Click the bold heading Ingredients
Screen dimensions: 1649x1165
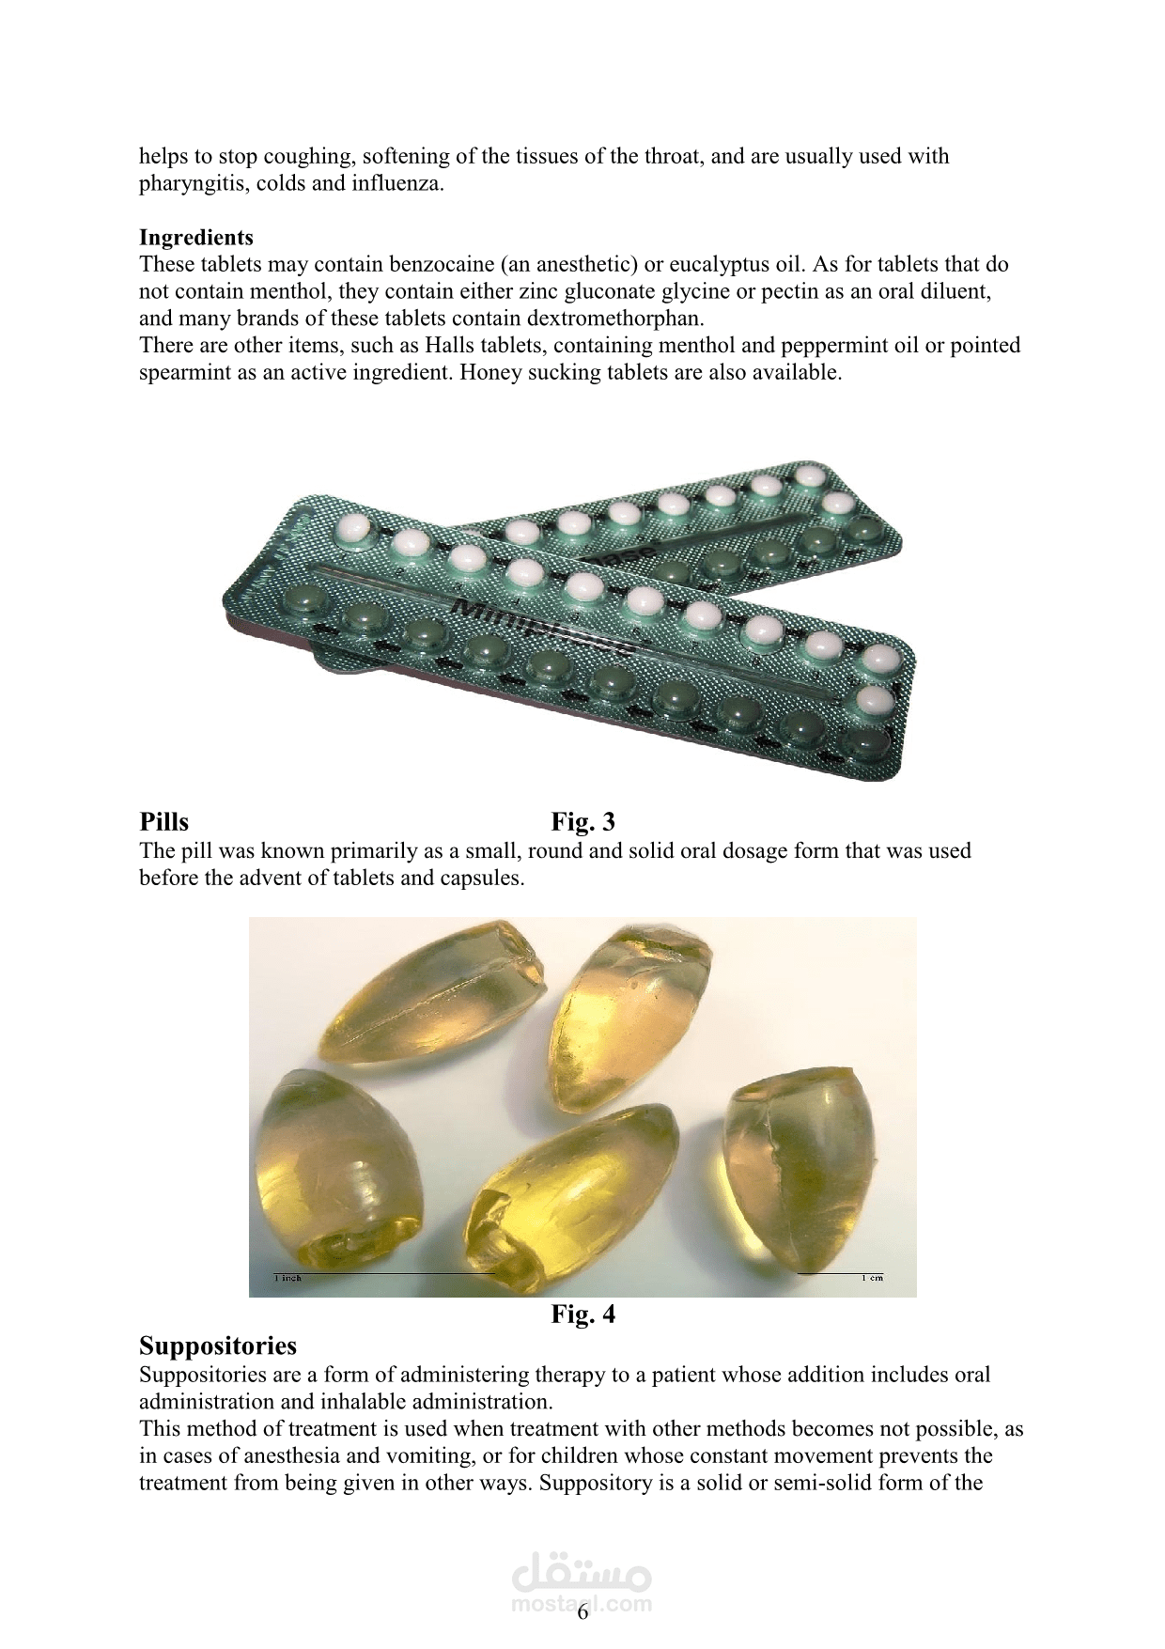point(196,237)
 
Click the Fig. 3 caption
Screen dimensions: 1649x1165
point(582,822)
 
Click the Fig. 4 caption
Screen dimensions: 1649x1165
point(582,1314)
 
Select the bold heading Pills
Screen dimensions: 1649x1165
point(163,822)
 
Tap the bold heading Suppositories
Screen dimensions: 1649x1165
point(218,1346)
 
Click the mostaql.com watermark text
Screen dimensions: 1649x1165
point(582,1604)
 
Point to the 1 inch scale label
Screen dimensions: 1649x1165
point(287,1278)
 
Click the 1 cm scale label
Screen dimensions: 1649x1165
point(872,1278)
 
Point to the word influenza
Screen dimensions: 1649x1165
point(398,184)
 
